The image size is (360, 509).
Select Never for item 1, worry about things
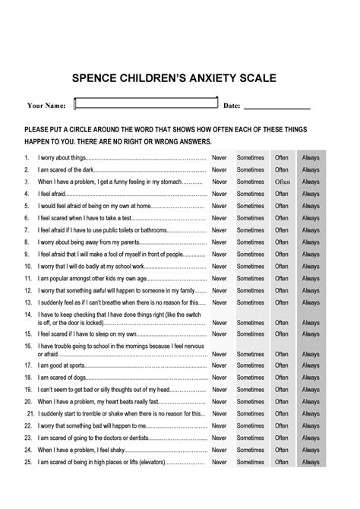[x=219, y=158]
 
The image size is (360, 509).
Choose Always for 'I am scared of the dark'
[x=311, y=170]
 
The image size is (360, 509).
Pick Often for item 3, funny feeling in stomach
[x=282, y=182]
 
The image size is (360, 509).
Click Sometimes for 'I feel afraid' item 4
[x=250, y=194]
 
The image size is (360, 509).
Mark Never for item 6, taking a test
[x=219, y=218]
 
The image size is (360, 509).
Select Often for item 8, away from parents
[x=282, y=242]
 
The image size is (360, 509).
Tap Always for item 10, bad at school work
[x=311, y=267]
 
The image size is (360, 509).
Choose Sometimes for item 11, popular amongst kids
[x=250, y=279]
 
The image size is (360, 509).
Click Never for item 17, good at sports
[x=219, y=365]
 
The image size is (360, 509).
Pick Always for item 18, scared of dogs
[x=311, y=378]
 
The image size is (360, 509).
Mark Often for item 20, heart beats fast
[x=282, y=401]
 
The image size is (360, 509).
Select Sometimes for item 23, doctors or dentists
[x=250, y=438]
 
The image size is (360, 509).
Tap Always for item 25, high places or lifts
[x=311, y=462]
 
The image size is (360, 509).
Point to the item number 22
[x=27, y=425]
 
